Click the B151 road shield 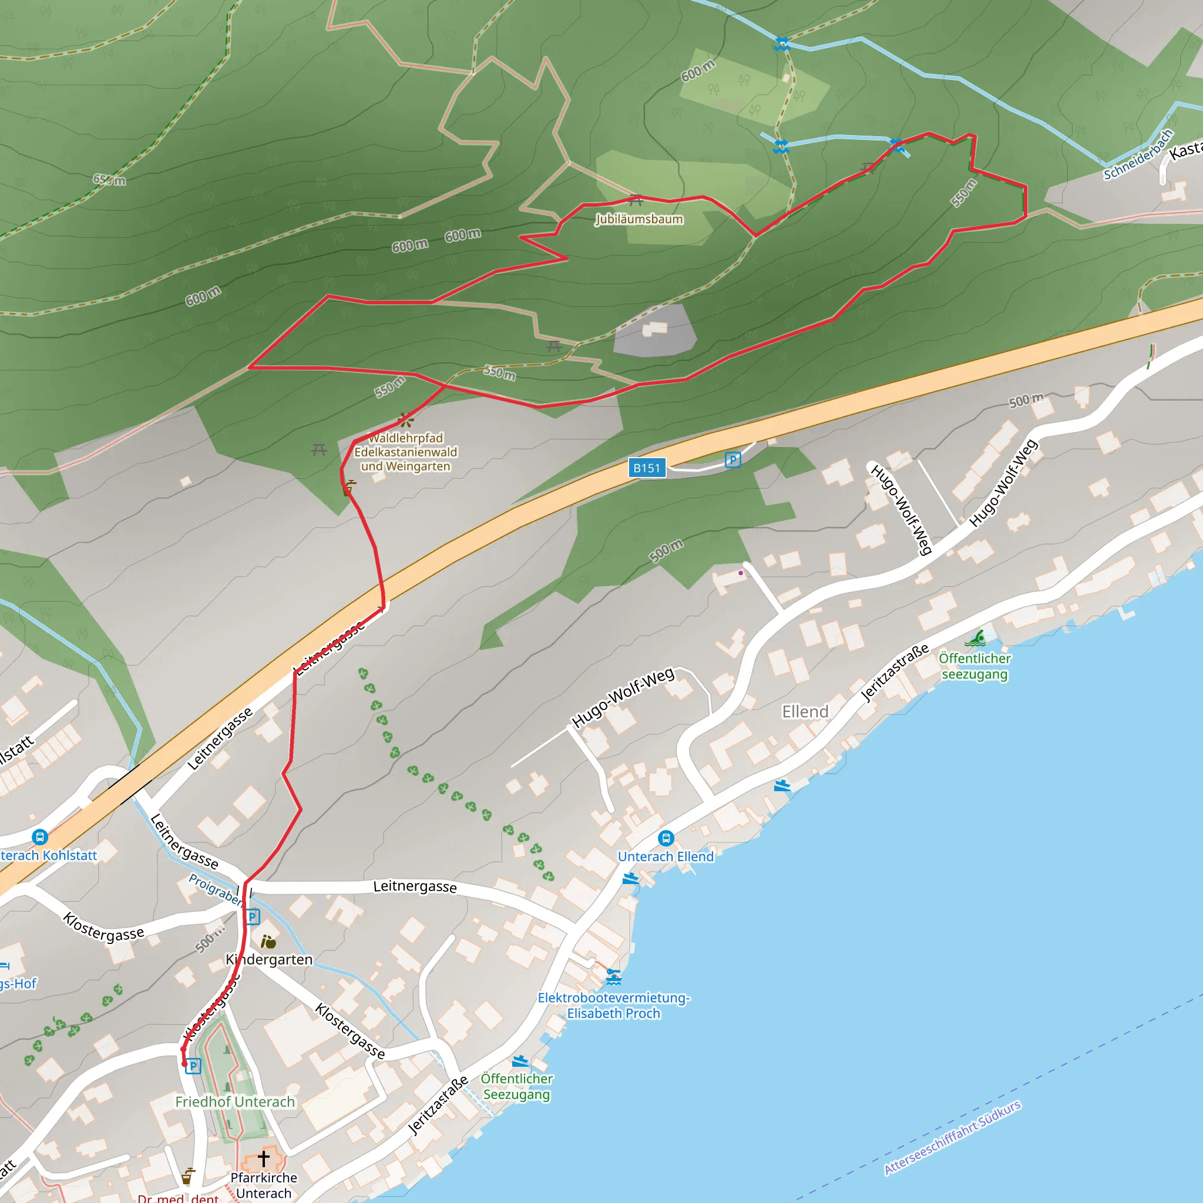[x=647, y=468]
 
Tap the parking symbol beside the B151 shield [x=733, y=460]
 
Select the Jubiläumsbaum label [x=639, y=219]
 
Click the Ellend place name [x=805, y=711]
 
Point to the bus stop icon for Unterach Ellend [x=666, y=838]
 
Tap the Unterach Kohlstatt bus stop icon [x=40, y=837]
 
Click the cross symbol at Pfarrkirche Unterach [x=263, y=1158]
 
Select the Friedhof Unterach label [x=235, y=1101]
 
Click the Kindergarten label [x=269, y=960]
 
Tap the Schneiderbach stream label [x=1138, y=154]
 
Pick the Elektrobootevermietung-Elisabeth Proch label [x=613, y=1006]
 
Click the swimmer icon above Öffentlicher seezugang [x=975, y=639]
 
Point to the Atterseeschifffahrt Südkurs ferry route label [x=952, y=1137]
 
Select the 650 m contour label [x=109, y=180]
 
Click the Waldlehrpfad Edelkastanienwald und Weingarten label [x=405, y=452]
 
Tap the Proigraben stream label [x=215, y=889]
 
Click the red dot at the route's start [x=184, y=1064]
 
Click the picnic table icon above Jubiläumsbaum [x=636, y=200]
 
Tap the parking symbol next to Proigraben [x=252, y=916]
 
